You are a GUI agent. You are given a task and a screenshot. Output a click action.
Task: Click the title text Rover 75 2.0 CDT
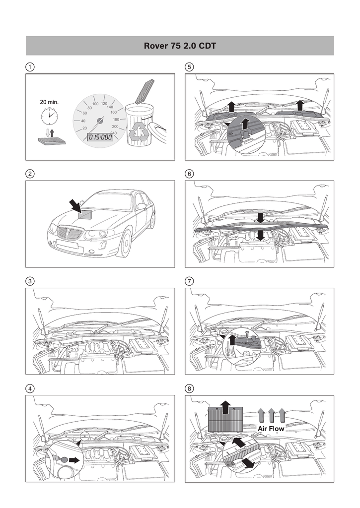click(x=180, y=46)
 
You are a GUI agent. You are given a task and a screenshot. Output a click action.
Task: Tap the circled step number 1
click(x=30, y=67)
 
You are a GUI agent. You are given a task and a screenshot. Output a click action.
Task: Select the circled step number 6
click(x=189, y=174)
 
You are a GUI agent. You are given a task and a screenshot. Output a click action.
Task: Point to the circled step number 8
click(x=189, y=388)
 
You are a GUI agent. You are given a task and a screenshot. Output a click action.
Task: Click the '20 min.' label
click(x=49, y=102)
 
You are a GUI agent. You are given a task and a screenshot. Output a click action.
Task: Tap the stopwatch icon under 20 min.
click(x=48, y=116)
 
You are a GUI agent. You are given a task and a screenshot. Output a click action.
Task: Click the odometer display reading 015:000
click(x=100, y=137)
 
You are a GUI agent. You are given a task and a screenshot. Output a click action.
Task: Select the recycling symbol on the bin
click(x=139, y=132)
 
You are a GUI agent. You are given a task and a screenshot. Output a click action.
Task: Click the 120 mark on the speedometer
click(x=104, y=104)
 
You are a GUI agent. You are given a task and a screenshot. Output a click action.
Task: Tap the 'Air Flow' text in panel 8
click(x=271, y=429)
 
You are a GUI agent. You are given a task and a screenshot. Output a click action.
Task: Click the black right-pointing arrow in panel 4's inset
click(x=74, y=460)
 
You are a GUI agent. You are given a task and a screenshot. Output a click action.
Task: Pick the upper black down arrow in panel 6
click(x=260, y=218)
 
